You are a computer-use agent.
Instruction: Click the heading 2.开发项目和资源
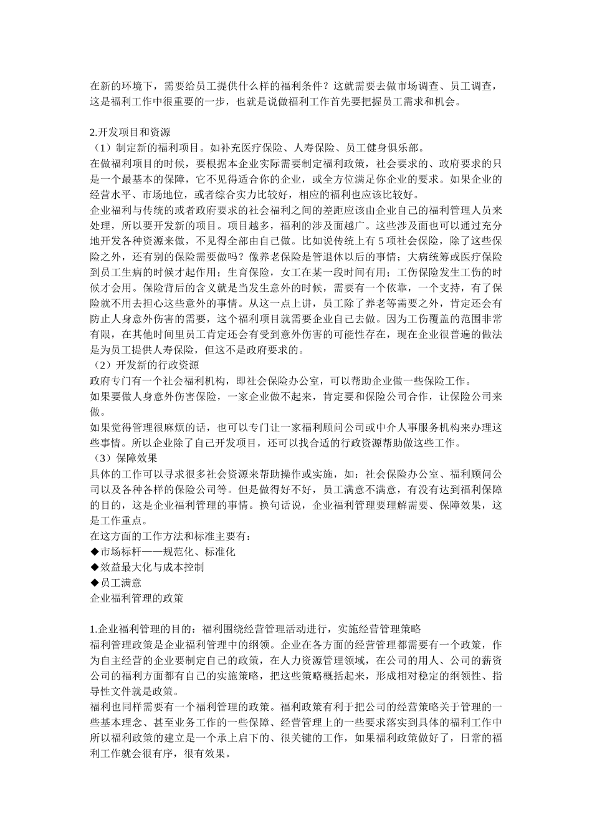[130, 133]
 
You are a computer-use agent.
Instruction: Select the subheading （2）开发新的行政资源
[145, 365]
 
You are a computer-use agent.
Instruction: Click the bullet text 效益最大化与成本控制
[152, 567]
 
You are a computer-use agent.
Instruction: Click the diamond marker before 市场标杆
[94, 552]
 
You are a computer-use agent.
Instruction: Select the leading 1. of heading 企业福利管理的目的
[94, 629]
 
